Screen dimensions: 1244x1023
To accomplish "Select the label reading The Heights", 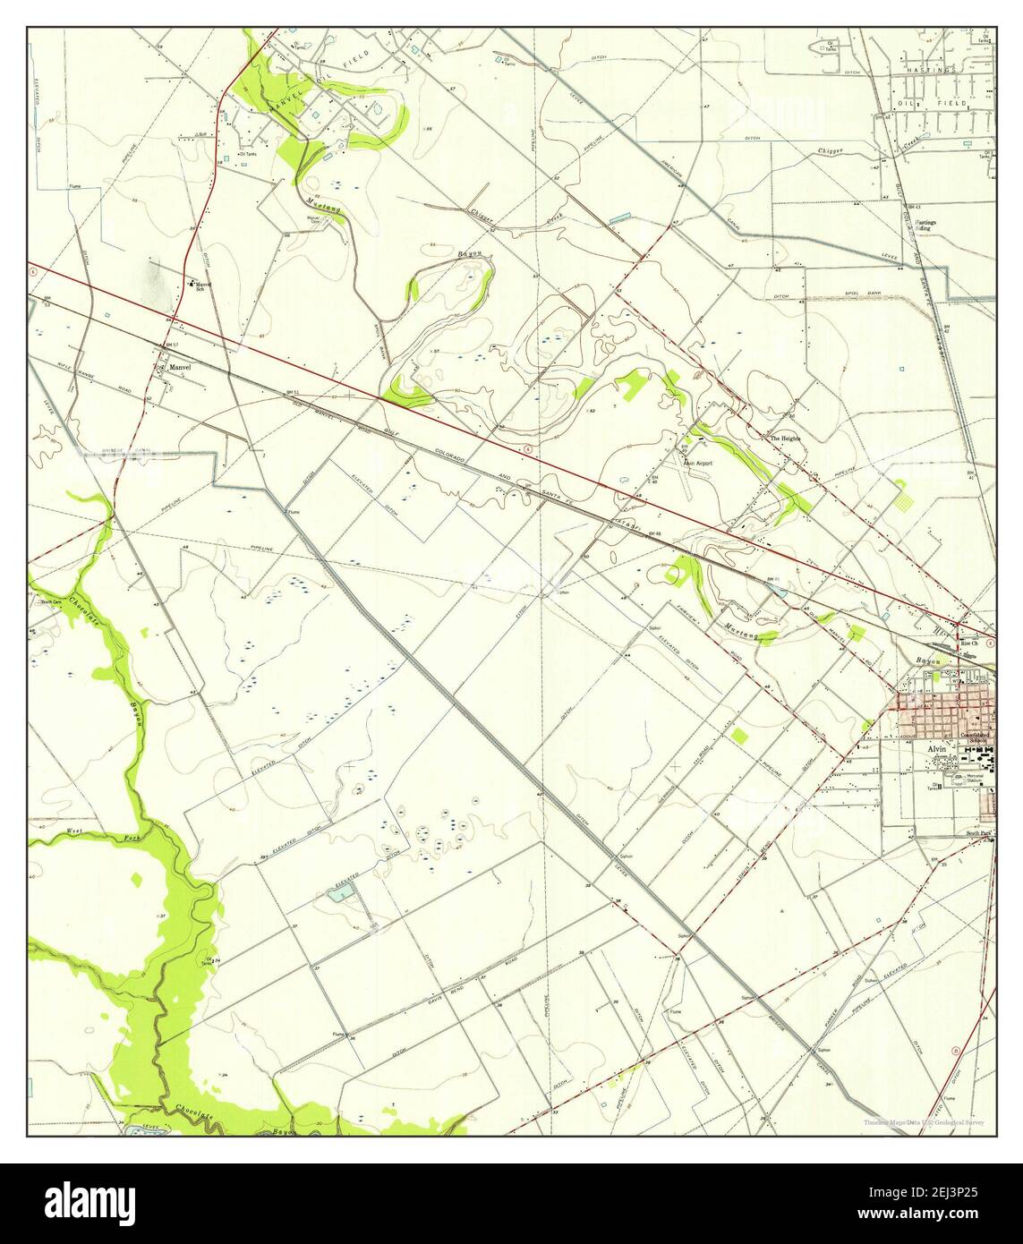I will click(785, 439).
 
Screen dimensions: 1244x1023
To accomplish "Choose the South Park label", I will click(979, 833).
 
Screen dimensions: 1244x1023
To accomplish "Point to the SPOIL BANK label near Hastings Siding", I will click(866, 292).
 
